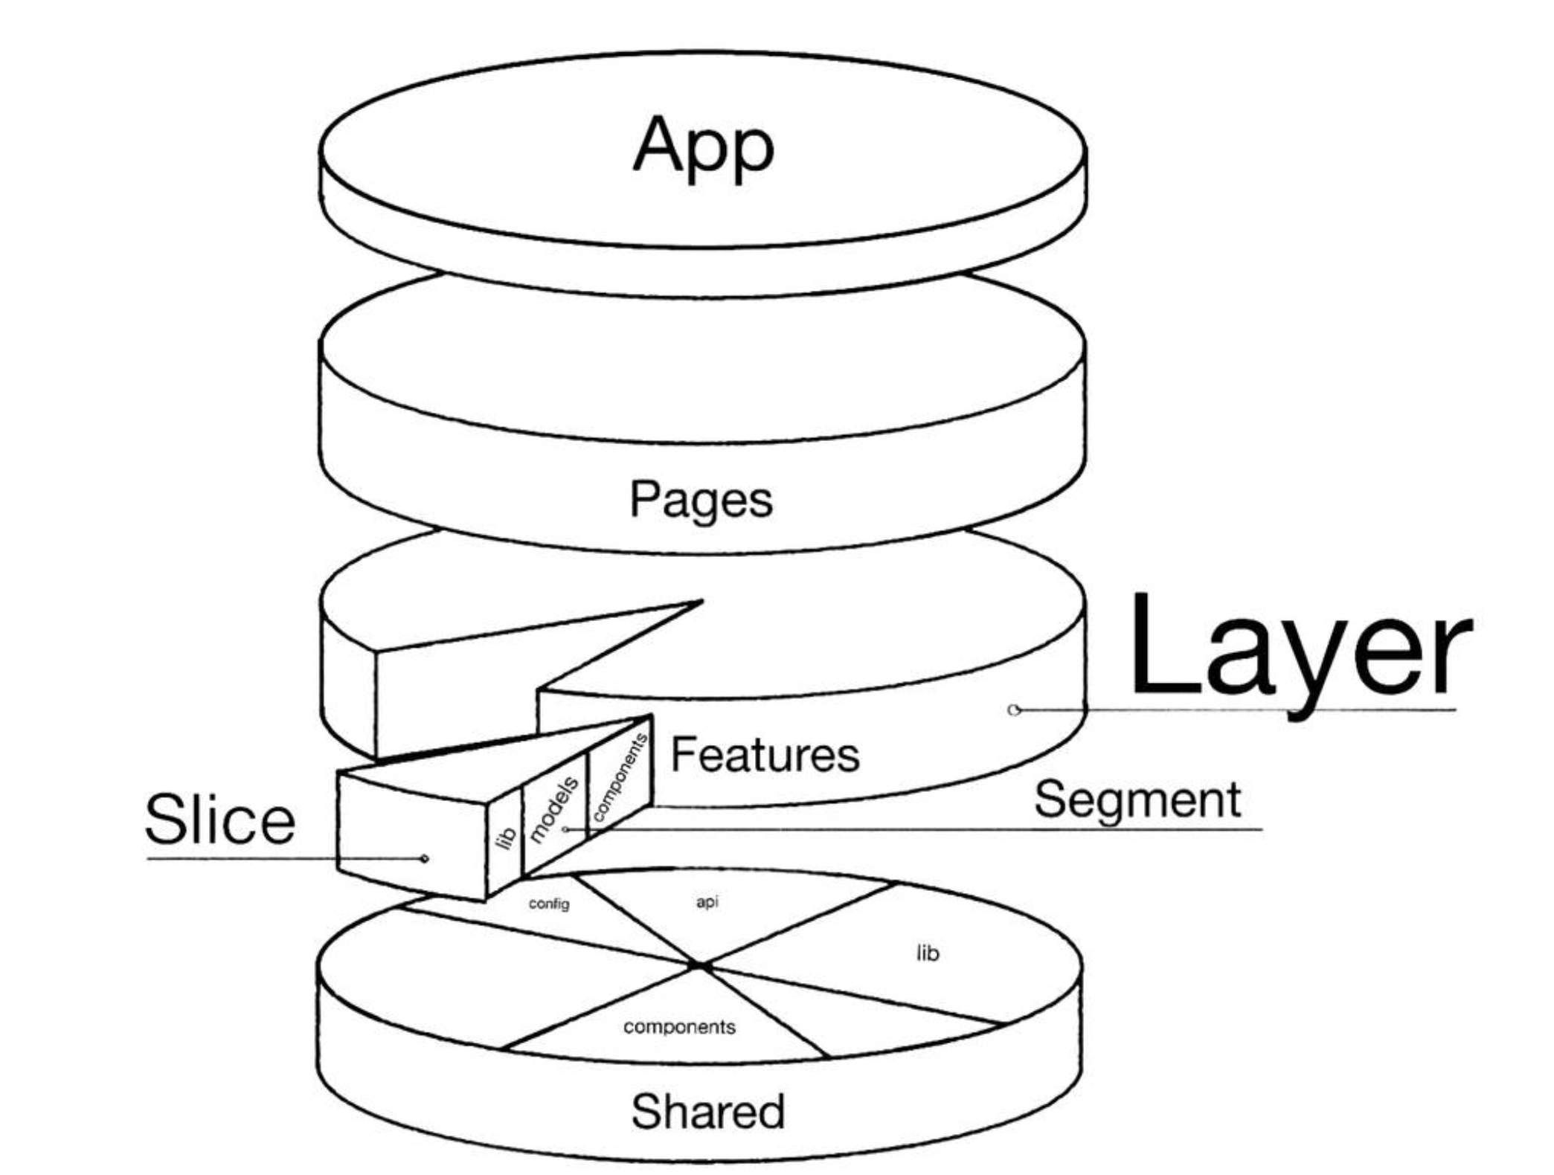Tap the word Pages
701,500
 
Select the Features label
765,754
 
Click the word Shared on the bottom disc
708,1111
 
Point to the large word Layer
1300,655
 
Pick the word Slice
220,820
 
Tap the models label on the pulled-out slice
553,809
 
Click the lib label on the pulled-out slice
506,837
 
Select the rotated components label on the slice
619,777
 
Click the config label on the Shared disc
549,904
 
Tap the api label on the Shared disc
707,902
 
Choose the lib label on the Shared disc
928,953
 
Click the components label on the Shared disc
679,1027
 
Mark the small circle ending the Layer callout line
1013,709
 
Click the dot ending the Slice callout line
425,859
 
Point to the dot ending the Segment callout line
566,828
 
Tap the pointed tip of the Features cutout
701,601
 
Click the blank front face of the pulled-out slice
412,837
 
